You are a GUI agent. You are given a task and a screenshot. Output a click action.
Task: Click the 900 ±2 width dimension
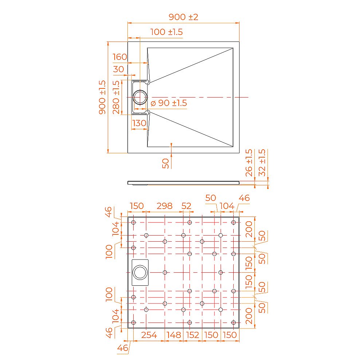tap(183, 17)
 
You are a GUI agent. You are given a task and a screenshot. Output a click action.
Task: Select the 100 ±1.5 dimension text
tap(166, 32)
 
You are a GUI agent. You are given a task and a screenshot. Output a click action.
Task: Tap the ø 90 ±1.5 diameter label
tap(169, 103)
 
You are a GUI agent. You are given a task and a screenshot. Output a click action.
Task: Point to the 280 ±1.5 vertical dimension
tap(116, 97)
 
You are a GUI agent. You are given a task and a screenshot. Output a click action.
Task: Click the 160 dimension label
tap(120, 57)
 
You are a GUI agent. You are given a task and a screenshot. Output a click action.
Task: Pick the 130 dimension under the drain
tap(139, 123)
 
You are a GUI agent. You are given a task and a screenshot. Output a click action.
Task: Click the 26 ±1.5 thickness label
tap(249, 163)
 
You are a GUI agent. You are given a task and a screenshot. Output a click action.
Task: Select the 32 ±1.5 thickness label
tap(261, 163)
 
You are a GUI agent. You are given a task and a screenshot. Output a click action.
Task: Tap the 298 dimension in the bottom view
tap(164, 206)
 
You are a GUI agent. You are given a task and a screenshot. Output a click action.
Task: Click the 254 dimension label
tap(149, 335)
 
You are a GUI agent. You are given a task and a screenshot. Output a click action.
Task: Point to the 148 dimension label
tap(174, 335)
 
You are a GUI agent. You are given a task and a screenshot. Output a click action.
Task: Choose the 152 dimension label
tap(193, 335)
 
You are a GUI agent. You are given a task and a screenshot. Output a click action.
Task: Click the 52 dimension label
tap(186, 206)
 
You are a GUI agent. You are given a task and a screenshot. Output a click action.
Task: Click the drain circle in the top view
tap(140, 97)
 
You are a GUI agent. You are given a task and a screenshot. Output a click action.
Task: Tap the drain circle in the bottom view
tap(140, 272)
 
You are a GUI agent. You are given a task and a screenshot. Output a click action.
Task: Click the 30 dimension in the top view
tap(118, 69)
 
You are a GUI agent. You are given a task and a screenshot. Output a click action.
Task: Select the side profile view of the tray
tap(183, 182)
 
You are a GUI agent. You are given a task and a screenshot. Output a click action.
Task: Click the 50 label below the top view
tap(165, 163)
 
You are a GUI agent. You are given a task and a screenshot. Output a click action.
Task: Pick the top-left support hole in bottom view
tap(134, 222)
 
